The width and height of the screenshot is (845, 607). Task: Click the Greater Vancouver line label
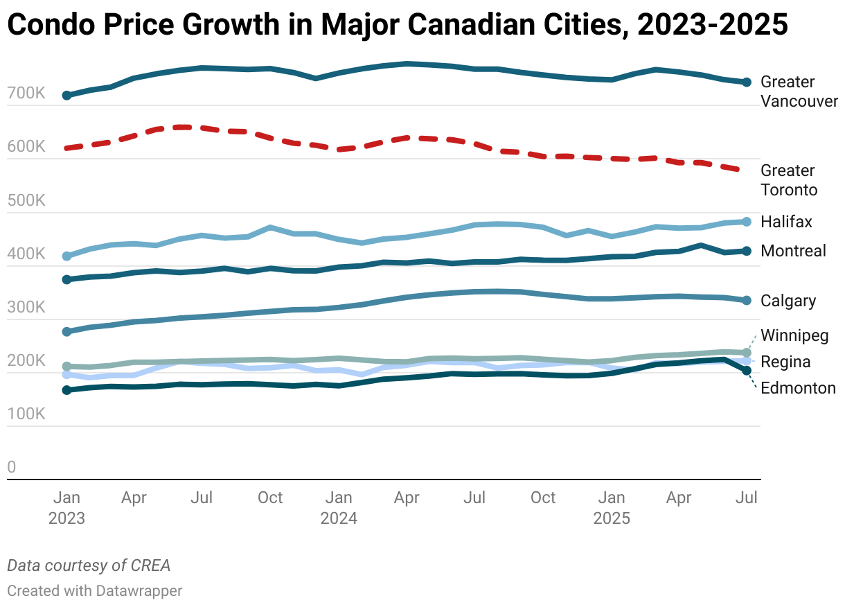pyautogui.click(x=799, y=91)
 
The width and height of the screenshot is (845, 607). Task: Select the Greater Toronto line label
pyautogui.click(x=789, y=180)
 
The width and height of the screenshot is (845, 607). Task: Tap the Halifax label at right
pyautogui.click(x=786, y=222)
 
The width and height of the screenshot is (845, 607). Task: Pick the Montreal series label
pyautogui.click(x=793, y=251)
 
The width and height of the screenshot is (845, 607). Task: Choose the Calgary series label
pyautogui.click(x=788, y=301)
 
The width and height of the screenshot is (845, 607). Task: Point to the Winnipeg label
pyautogui.click(x=794, y=336)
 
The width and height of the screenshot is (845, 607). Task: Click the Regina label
pyautogui.click(x=785, y=362)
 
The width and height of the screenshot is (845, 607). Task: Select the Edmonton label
pyautogui.click(x=798, y=388)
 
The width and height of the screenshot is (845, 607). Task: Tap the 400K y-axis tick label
pyautogui.click(x=26, y=254)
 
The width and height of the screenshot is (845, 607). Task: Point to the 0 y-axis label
pyautogui.click(x=11, y=468)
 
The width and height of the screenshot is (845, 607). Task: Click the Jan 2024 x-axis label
pyautogui.click(x=339, y=508)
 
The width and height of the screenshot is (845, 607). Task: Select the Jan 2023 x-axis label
pyautogui.click(x=66, y=508)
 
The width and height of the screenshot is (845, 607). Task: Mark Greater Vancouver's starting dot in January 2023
pyautogui.click(x=66, y=96)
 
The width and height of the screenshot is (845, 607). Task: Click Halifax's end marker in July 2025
pyautogui.click(x=747, y=222)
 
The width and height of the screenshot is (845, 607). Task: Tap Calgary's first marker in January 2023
pyautogui.click(x=66, y=332)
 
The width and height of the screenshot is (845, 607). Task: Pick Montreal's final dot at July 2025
pyautogui.click(x=747, y=251)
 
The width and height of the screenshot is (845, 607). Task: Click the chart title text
pyautogui.click(x=398, y=25)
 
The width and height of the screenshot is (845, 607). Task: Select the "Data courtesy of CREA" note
pyautogui.click(x=89, y=565)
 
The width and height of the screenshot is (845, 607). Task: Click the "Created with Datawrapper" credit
pyautogui.click(x=95, y=591)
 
